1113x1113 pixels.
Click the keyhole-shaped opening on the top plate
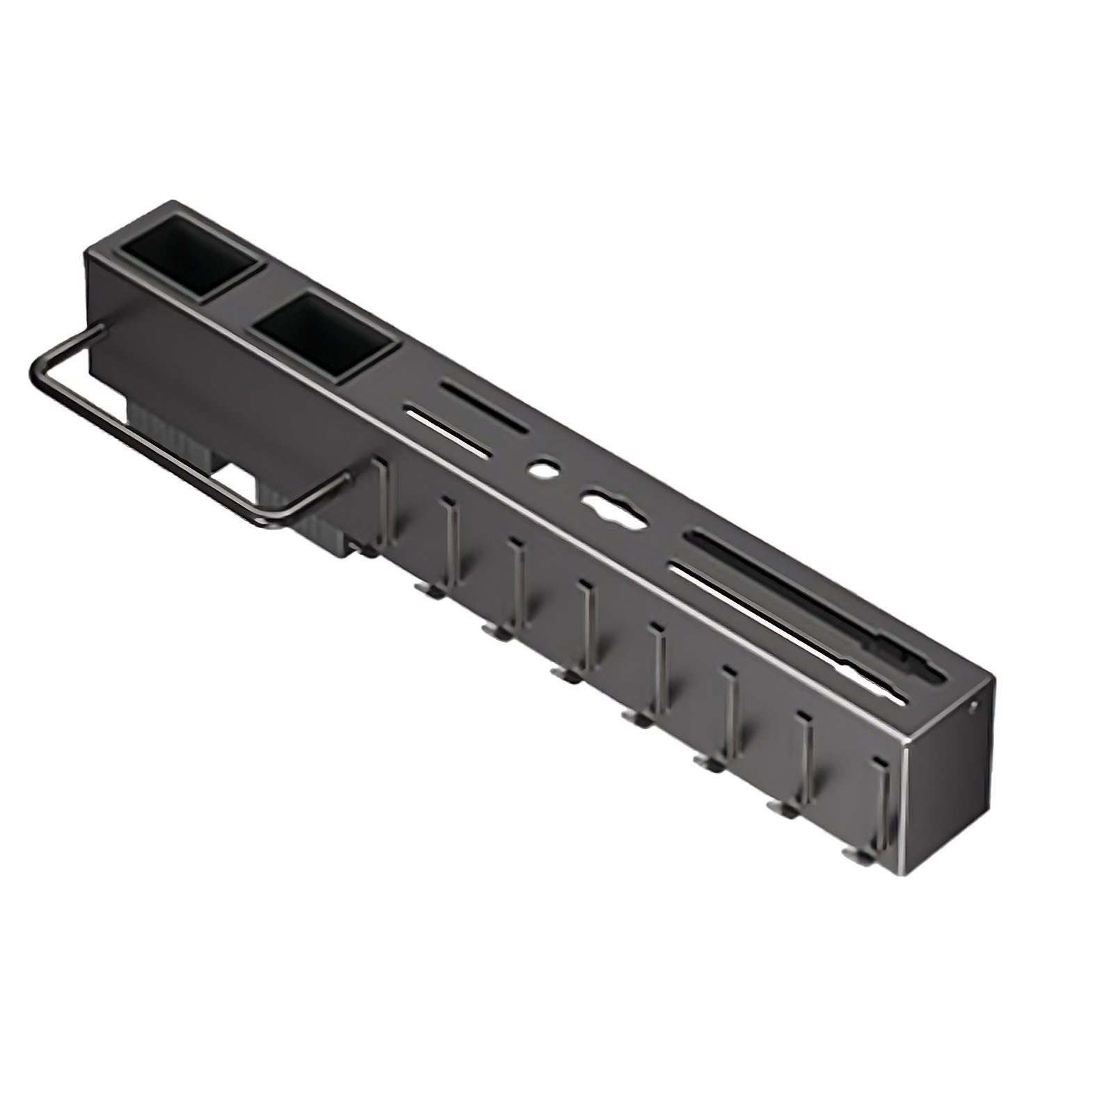click(613, 509)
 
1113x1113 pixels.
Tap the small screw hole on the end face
click(973, 708)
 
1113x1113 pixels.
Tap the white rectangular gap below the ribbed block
click(233, 481)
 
